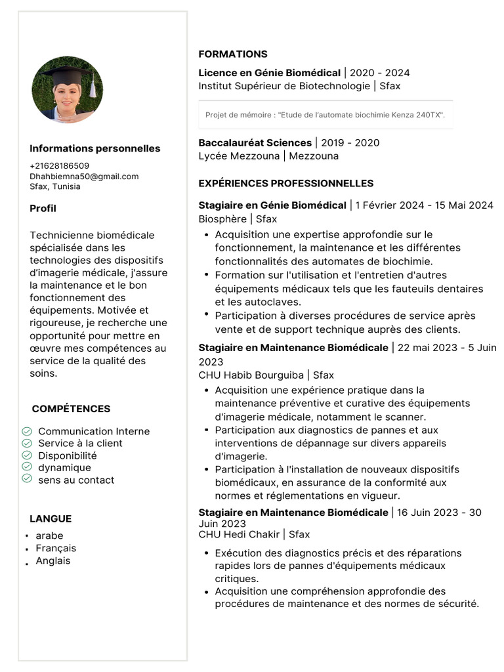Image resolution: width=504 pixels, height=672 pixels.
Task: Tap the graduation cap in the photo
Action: (67, 75)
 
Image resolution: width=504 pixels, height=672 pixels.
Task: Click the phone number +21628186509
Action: (60, 166)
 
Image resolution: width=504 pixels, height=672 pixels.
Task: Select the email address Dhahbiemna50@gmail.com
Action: (84, 176)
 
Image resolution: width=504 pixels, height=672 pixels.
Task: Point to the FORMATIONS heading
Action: (233, 54)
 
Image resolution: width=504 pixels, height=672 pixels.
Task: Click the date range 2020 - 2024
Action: (380, 73)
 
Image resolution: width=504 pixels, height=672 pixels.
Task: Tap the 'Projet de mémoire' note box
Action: (325, 115)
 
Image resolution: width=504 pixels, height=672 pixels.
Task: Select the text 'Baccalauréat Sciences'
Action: (255, 142)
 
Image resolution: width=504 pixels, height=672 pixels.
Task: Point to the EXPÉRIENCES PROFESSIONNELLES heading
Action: (286, 183)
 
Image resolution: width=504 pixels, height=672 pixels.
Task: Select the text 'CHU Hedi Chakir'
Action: (240, 534)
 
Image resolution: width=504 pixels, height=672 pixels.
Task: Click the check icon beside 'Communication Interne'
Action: (27, 431)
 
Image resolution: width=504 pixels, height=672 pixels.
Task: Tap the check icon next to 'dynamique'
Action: (27, 467)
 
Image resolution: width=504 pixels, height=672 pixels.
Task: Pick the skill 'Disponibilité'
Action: (68, 455)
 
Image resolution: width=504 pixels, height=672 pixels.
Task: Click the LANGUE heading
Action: (51, 518)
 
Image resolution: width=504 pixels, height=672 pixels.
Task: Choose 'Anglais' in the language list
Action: (53, 560)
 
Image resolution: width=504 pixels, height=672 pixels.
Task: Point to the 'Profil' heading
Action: (43, 208)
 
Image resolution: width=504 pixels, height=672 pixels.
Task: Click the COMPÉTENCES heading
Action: (71, 409)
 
